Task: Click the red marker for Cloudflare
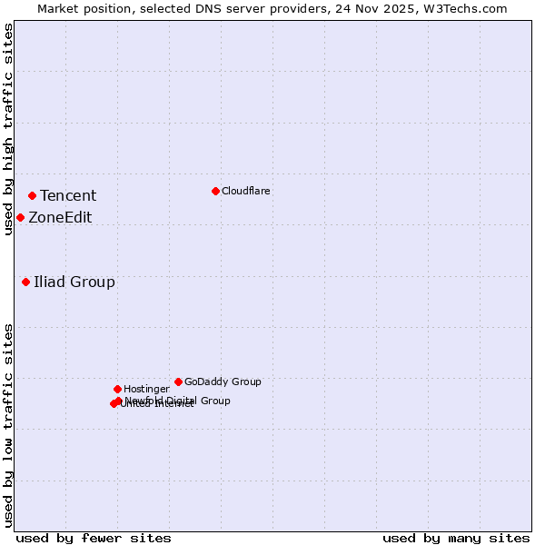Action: pos(215,191)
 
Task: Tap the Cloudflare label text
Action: pos(246,192)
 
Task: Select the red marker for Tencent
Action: pos(32,195)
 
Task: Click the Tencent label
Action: pos(68,196)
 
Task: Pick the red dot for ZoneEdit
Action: pos(20,217)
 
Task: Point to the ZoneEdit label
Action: pos(60,218)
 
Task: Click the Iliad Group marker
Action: pos(25,282)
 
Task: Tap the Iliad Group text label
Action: pos(74,282)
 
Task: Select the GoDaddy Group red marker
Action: pos(178,381)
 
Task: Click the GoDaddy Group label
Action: pos(223,382)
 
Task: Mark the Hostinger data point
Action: pos(117,389)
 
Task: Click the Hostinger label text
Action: pos(146,390)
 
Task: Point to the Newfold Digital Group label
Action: pos(178,401)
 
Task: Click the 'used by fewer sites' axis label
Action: pos(94,538)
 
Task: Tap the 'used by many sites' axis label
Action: pos(456,538)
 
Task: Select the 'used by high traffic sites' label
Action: pos(8,129)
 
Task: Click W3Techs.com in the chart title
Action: pos(463,8)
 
